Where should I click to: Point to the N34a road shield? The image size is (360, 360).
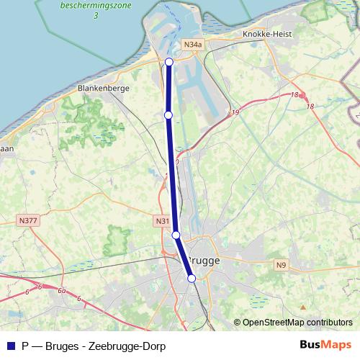pos(192,45)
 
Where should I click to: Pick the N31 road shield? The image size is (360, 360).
pos(162,221)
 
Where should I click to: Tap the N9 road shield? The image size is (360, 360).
pos(282,265)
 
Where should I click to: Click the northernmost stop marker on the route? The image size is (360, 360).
pos(169,62)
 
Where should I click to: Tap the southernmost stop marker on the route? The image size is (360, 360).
pos(192,279)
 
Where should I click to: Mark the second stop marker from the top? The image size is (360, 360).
pos(168,114)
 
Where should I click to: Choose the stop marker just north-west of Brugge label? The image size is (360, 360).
pos(176,235)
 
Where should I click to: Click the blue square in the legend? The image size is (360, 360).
pos(10,346)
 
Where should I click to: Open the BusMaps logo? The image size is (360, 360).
pos(325,346)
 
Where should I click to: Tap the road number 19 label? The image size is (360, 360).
pos(235,113)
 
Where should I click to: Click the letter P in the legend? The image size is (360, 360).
pos(26,346)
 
